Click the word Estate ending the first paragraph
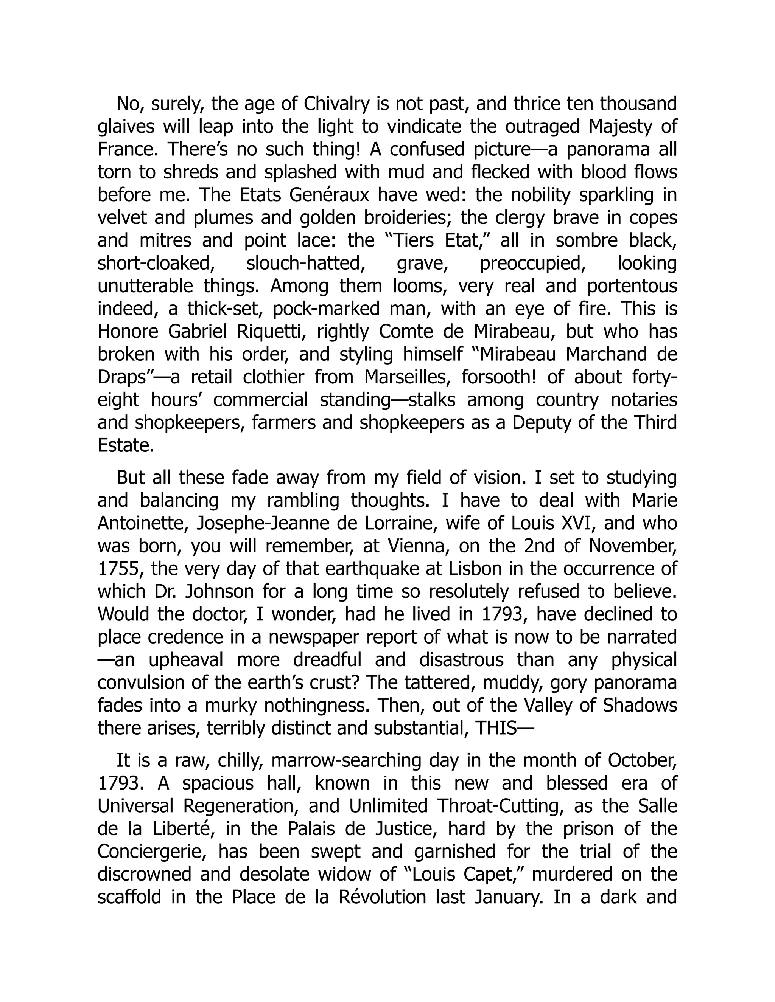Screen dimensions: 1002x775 tap(125, 445)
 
